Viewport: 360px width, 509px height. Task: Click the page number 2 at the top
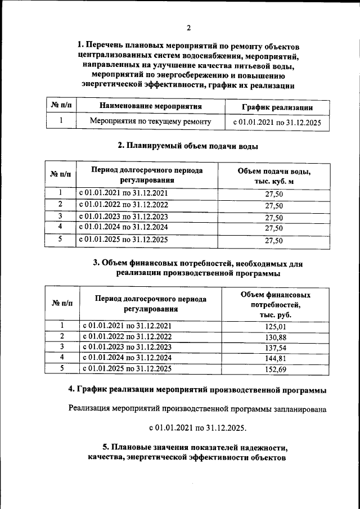point(189,28)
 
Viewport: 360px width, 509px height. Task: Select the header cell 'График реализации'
point(277,107)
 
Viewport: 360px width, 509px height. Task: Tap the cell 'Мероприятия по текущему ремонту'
point(150,121)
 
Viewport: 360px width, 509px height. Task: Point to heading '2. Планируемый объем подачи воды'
point(188,146)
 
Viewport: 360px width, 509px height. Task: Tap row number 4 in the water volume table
point(60,227)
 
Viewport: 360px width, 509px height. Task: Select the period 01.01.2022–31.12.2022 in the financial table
point(127,336)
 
